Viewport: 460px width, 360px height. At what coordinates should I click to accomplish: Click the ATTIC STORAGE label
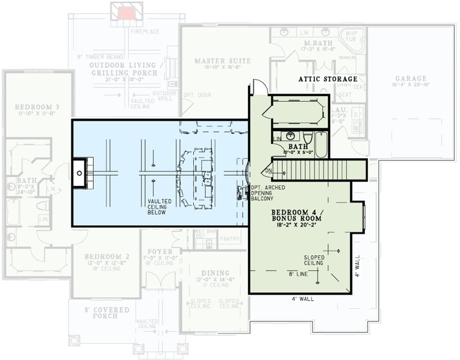[328, 79]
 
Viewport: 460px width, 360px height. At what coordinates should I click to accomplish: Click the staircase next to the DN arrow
[319, 170]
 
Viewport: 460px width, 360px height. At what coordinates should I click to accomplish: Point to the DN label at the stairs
[267, 171]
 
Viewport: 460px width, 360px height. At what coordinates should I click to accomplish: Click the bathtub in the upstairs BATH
[321, 145]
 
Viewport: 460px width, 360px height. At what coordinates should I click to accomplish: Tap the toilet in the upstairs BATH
[308, 138]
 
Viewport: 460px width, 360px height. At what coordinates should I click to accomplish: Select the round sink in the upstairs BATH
[290, 136]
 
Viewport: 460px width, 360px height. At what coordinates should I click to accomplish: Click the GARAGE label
[411, 79]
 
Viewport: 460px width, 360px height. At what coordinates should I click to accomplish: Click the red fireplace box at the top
[126, 13]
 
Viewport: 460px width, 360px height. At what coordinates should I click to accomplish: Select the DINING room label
[216, 273]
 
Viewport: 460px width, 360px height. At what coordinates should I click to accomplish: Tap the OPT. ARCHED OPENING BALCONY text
[267, 193]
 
